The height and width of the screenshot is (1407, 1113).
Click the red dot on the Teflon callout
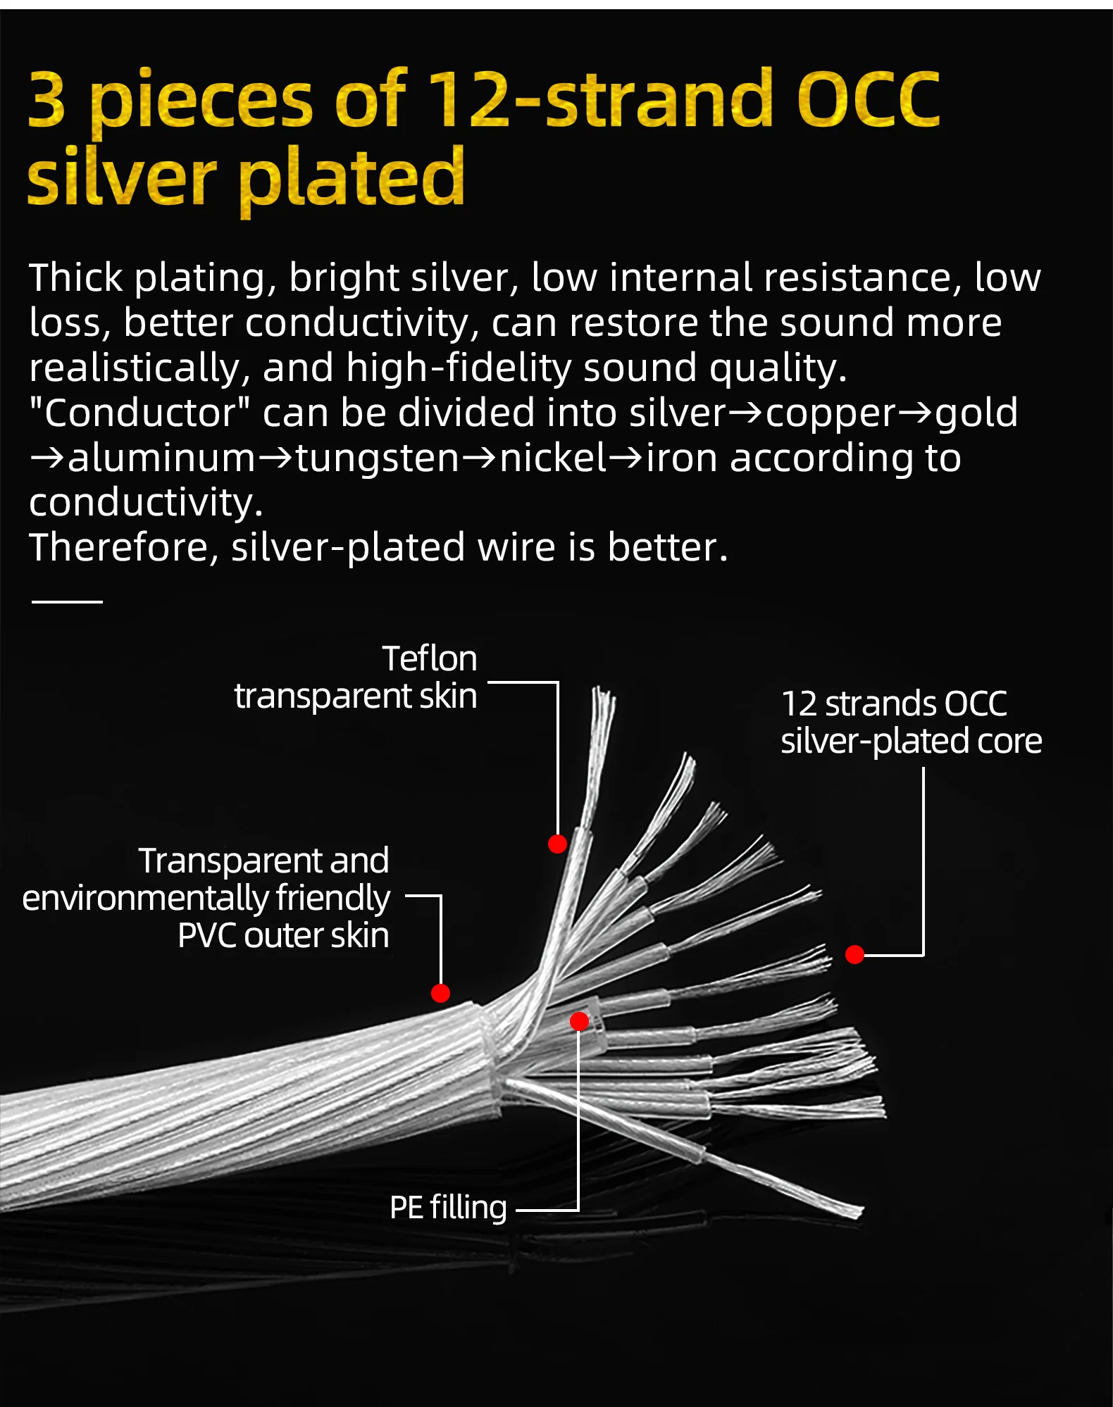click(x=557, y=844)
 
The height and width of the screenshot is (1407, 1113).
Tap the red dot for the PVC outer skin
click(x=440, y=993)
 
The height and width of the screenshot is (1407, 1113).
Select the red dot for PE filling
click(x=579, y=1021)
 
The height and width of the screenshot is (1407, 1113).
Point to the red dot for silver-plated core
click(x=854, y=954)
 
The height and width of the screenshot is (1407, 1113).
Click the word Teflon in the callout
click(x=430, y=659)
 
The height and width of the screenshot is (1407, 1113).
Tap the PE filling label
click(x=448, y=1208)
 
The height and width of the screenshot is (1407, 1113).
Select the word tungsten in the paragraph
click(x=378, y=458)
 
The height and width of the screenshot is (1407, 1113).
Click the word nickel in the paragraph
click(x=553, y=458)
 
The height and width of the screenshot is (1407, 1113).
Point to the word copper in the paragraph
click(x=831, y=413)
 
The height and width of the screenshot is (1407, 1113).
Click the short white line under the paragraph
click(x=68, y=601)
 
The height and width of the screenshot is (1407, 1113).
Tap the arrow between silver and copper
click(x=745, y=413)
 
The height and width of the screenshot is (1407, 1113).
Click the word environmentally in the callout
click(x=144, y=899)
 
